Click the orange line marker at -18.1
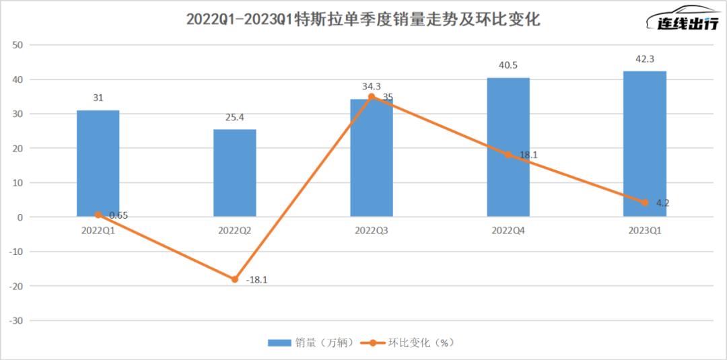pyautogui.click(x=234, y=279)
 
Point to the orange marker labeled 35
pyautogui.click(x=371, y=97)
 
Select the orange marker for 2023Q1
pyautogui.click(x=645, y=203)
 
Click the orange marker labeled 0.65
pyautogui.click(x=98, y=215)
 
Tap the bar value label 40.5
pyautogui.click(x=508, y=65)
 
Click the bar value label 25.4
pyautogui.click(x=234, y=117)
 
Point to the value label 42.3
pyautogui.click(x=645, y=59)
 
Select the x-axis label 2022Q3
pyautogui.click(x=371, y=230)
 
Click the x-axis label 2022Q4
pyautogui.click(x=508, y=230)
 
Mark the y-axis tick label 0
pyautogui.click(x=21, y=217)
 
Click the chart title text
pyautogui.click(x=363, y=20)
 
